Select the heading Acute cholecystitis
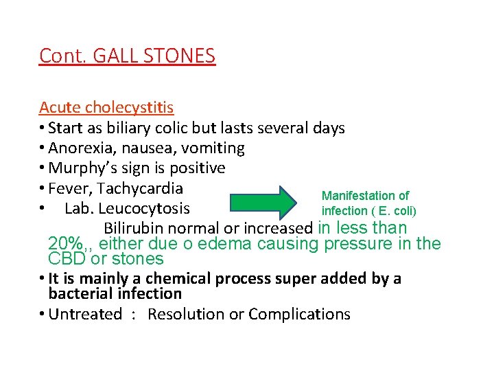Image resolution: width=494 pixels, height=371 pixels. pos(106,107)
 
